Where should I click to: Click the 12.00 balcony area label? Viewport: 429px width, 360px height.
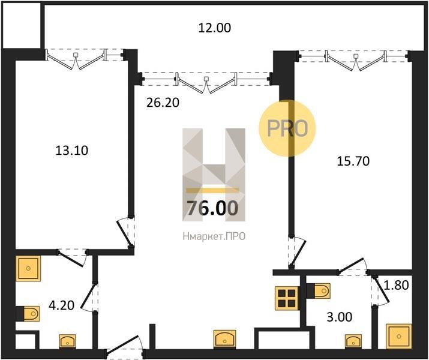point(215,28)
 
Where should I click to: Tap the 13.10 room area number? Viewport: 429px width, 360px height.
point(71,151)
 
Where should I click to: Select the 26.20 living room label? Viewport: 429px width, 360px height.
point(163,103)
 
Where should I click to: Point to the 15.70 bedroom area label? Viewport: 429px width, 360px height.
point(353,161)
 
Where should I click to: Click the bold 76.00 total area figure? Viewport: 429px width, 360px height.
point(212,208)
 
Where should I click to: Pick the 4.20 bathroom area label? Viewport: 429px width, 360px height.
point(62,305)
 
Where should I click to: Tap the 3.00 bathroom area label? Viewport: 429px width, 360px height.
point(340,317)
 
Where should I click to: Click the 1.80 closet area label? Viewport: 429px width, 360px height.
point(397,286)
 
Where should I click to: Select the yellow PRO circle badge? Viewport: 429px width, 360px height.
point(287,128)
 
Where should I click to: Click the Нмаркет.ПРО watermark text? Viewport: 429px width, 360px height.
point(214,236)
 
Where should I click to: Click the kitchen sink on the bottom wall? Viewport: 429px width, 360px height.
point(224,340)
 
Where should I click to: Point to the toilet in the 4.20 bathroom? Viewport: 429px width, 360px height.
point(28,313)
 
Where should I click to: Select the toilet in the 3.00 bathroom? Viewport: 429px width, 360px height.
point(319,291)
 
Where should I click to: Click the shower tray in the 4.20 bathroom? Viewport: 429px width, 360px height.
point(28,269)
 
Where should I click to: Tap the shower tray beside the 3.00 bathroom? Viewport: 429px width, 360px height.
point(399,336)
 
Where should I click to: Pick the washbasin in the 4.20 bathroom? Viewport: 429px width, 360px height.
point(68,341)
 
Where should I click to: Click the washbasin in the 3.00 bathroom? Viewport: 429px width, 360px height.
point(353,341)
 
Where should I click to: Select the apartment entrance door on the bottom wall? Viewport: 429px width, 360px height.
point(124,347)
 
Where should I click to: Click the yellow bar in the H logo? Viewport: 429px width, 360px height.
point(212,190)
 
